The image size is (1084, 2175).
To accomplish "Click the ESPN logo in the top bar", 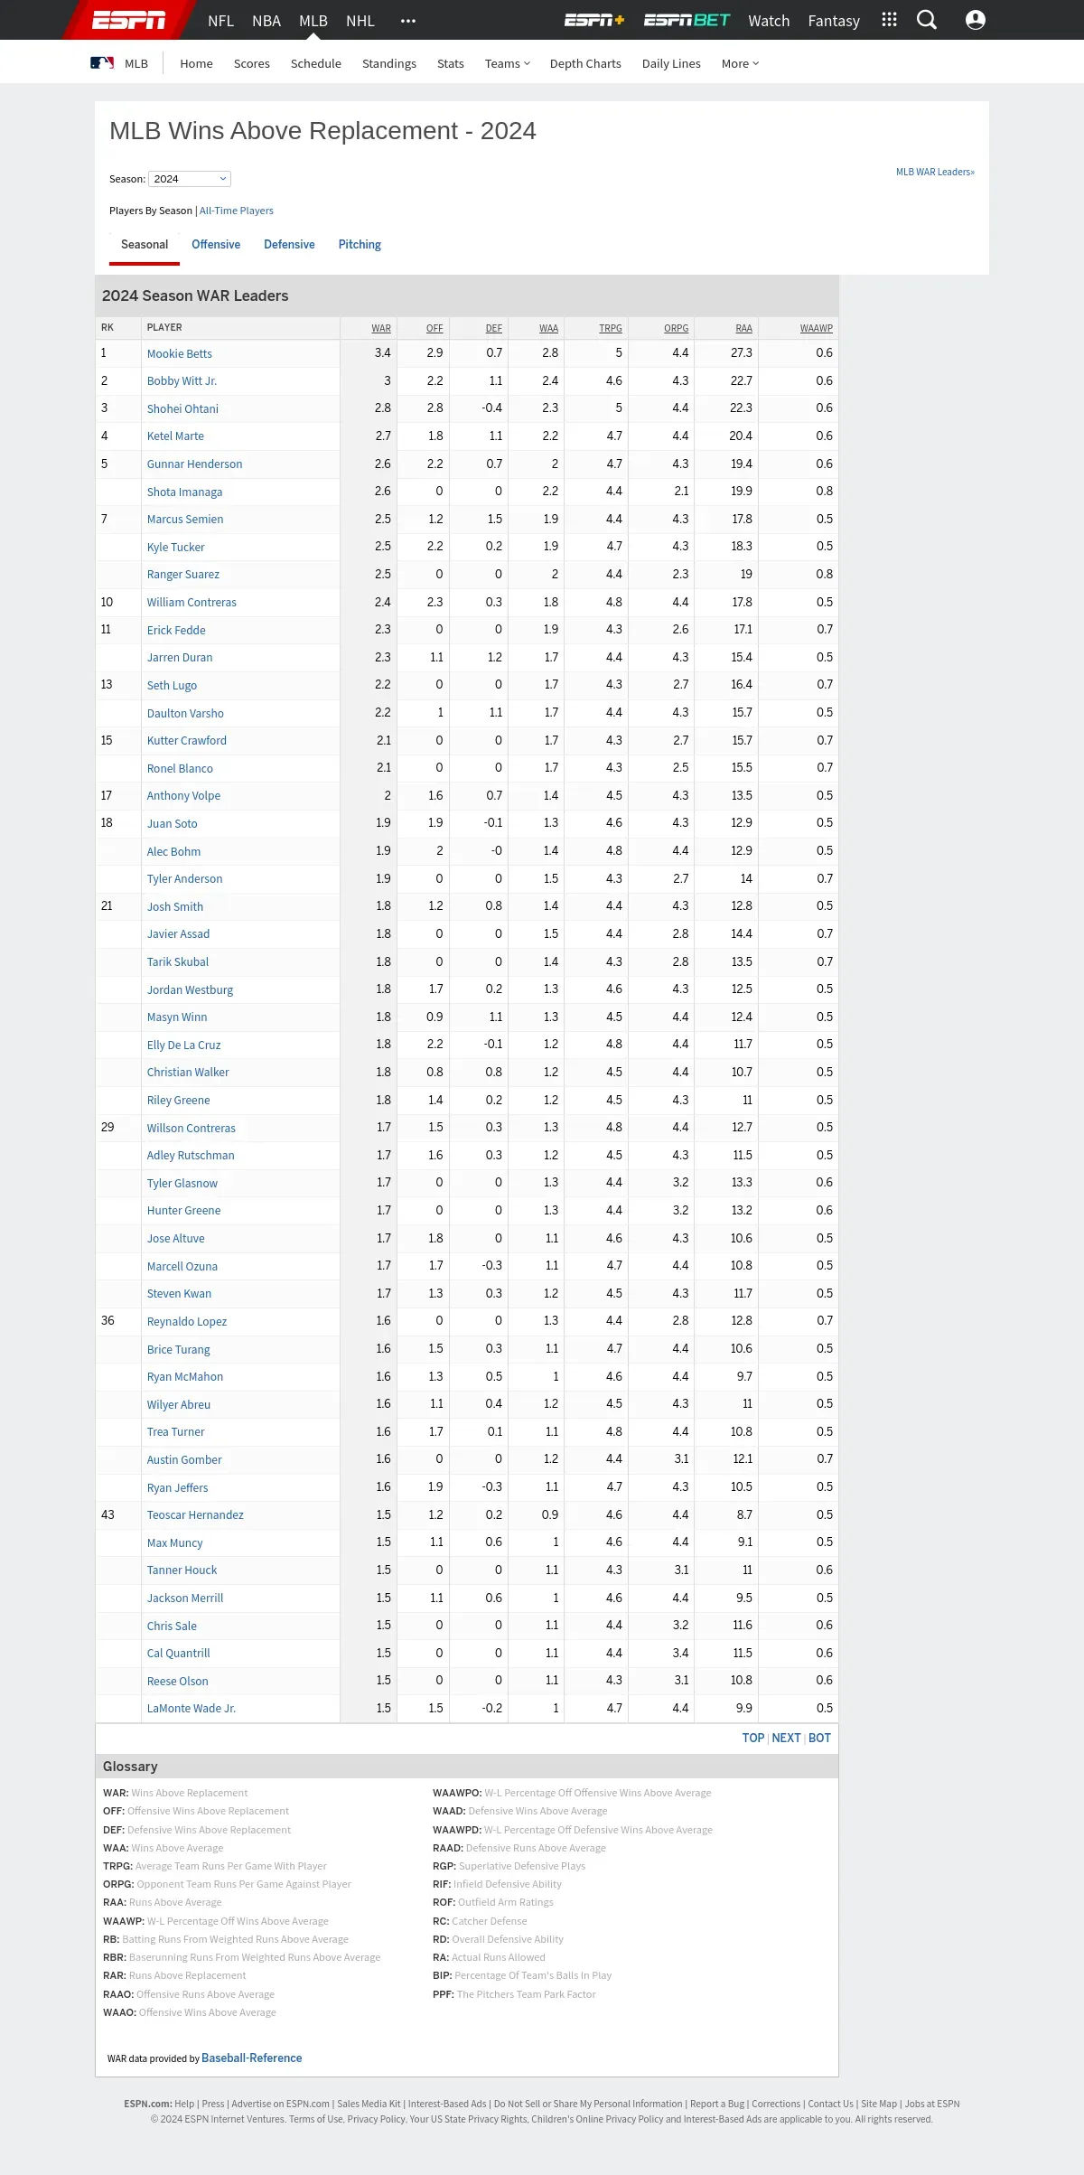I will pyautogui.click(x=128, y=20).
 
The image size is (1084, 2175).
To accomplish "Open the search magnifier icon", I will pyautogui.click(x=927, y=20).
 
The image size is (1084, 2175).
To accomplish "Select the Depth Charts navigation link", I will pyautogui.click(x=585, y=63).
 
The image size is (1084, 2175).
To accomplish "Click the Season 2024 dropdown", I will pyautogui.click(x=190, y=179).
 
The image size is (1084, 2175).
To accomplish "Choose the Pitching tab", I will pyautogui.click(x=360, y=245).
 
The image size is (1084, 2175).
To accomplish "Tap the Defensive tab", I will pyautogui.click(x=289, y=245).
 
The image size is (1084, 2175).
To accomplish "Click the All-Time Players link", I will pyautogui.click(x=237, y=211).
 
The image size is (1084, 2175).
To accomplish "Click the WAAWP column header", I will pyautogui.click(x=816, y=328).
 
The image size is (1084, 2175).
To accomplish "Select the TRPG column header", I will pyautogui.click(x=610, y=328).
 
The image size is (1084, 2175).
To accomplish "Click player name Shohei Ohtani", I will pyautogui.click(x=182, y=408).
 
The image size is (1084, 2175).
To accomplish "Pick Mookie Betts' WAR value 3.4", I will pyautogui.click(x=383, y=353).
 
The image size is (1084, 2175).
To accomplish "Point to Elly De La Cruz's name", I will pyautogui.click(x=183, y=1045).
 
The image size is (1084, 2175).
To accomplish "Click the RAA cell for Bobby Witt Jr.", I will pyautogui.click(x=741, y=380).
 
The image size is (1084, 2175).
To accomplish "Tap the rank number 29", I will pyautogui.click(x=107, y=1128).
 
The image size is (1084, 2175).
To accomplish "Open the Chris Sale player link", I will pyautogui.click(x=172, y=1626).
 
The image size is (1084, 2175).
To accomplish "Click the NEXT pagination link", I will pyautogui.click(x=786, y=1738).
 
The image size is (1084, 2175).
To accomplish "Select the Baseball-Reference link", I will pyautogui.click(x=252, y=2058).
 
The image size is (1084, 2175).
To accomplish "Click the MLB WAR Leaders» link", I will pyautogui.click(x=935, y=172).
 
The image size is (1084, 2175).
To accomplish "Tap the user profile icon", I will pyautogui.click(x=976, y=20).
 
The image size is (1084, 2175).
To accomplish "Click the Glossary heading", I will pyautogui.click(x=130, y=1767).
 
